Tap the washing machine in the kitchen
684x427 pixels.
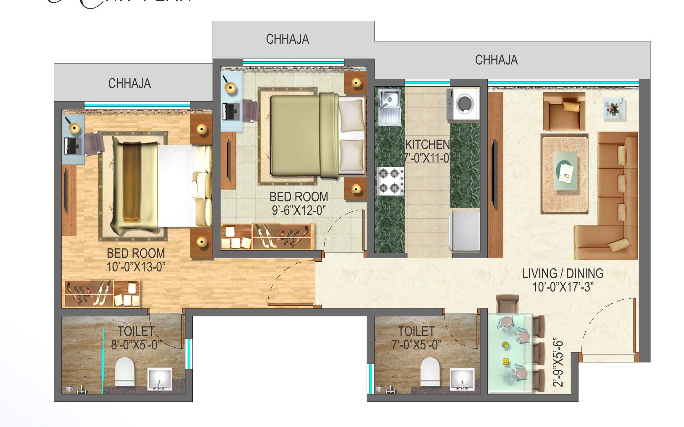click(463, 104)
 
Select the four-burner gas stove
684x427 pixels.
click(390, 181)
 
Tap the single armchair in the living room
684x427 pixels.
click(564, 111)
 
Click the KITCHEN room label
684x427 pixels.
click(427, 145)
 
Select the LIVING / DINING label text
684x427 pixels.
click(562, 273)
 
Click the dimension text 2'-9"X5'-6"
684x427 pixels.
click(558, 363)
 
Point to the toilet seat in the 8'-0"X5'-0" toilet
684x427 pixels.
click(124, 372)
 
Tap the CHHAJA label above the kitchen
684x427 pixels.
click(496, 60)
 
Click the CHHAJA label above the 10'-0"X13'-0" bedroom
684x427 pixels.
click(129, 84)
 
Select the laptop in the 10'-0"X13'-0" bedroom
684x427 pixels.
click(73, 146)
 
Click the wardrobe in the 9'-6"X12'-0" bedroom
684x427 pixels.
click(267, 237)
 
